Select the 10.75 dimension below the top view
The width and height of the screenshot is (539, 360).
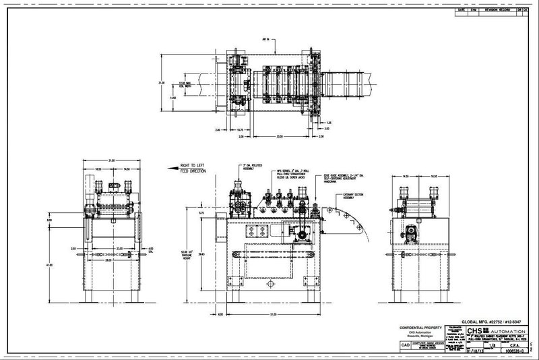pos(241,129)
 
